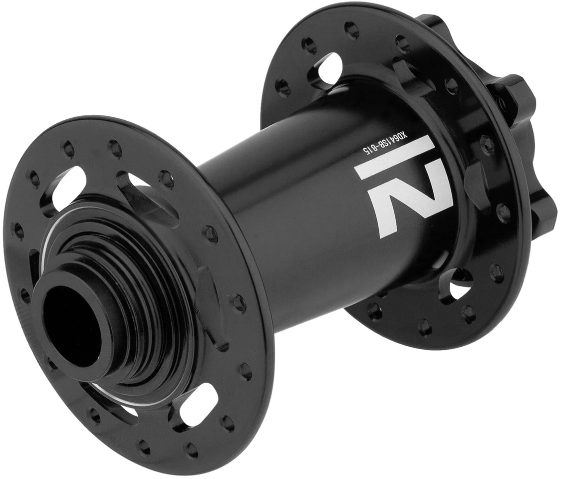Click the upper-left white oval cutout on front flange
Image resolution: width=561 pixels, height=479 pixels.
click(x=65, y=187)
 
